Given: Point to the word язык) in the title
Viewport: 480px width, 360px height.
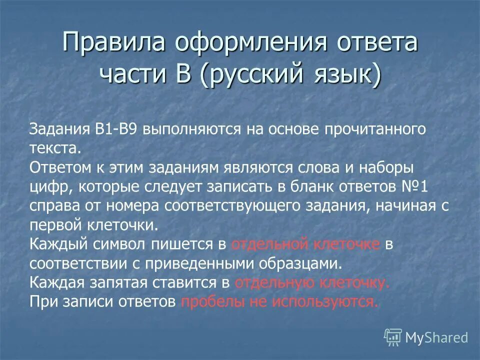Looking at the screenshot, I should pyautogui.click(x=345, y=75).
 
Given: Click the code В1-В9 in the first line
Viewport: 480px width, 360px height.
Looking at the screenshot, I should pyautogui.click(x=118, y=129).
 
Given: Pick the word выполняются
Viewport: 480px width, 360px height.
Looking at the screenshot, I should pyautogui.click(x=192, y=129).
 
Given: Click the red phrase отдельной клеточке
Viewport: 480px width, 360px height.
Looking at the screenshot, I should pyautogui.click(x=306, y=243).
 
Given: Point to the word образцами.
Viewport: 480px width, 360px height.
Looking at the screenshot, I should pyautogui.click(x=302, y=262).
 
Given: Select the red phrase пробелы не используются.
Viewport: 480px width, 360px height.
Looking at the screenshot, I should pyautogui.click(x=279, y=301).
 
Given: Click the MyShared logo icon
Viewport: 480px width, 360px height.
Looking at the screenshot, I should pyautogui.click(x=392, y=337).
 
